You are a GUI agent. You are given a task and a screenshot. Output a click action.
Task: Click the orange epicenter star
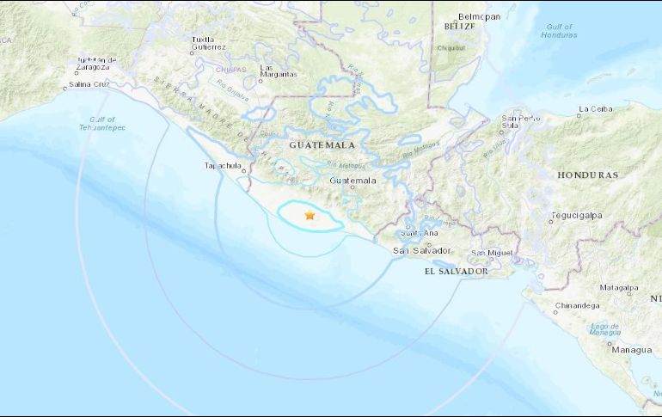[x=310, y=216]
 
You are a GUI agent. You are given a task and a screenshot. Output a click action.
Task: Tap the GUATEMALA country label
[x=322, y=145]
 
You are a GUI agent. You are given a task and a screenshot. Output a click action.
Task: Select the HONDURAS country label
[x=587, y=175]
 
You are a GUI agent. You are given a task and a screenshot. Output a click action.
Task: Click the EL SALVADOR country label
[x=456, y=271]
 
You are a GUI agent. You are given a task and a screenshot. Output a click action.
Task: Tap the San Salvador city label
[x=421, y=250]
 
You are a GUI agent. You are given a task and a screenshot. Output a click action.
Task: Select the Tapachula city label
[x=223, y=165]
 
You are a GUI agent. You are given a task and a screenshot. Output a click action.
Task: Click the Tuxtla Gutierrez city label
[x=209, y=43]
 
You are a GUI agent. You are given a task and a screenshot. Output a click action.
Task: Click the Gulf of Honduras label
[x=558, y=31]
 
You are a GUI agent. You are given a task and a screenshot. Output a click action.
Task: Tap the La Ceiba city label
[x=594, y=109]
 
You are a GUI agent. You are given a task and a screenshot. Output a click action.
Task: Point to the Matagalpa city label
[x=619, y=287]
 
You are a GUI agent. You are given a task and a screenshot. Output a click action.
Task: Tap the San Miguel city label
[x=492, y=252]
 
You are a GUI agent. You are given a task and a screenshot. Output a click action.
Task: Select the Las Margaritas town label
[x=279, y=71]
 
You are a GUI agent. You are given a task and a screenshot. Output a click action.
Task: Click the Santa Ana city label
[x=421, y=233]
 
